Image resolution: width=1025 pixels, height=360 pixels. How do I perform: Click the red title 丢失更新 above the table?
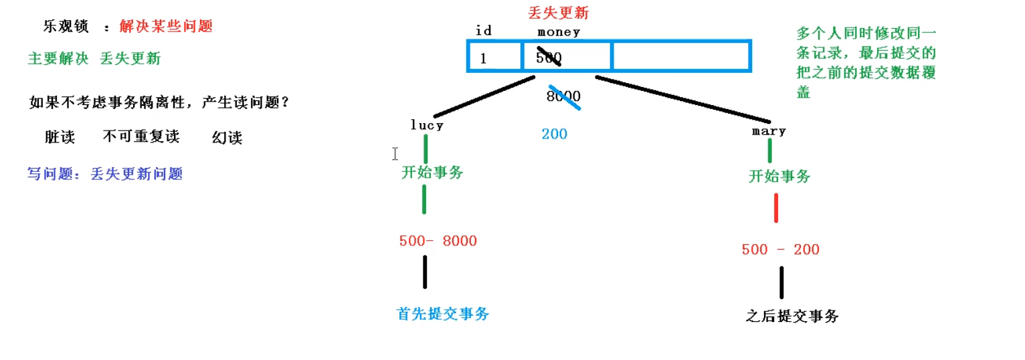click(x=559, y=13)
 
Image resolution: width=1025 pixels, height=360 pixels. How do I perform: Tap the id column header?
click(x=483, y=31)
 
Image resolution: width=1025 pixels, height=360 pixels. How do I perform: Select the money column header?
click(x=558, y=31)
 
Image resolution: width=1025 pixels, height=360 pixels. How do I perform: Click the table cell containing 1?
click(x=493, y=58)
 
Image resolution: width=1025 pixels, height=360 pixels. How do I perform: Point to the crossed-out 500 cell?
click(x=549, y=58)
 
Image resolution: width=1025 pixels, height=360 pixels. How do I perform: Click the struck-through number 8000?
click(x=563, y=96)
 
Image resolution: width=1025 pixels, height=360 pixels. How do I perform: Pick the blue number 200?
click(x=554, y=134)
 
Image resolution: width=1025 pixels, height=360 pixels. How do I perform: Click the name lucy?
click(x=427, y=125)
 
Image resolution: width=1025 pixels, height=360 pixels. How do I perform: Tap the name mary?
click(x=769, y=131)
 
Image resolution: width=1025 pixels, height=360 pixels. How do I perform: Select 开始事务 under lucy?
click(x=432, y=173)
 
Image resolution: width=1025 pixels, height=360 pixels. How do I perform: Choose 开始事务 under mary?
click(x=779, y=177)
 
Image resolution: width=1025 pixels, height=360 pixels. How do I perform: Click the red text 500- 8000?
click(x=438, y=241)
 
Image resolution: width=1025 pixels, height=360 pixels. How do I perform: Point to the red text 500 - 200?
click(x=780, y=250)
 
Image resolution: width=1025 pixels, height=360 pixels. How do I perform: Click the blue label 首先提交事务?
click(x=443, y=314)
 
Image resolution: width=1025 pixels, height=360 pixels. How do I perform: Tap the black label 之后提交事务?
click(x=791, y=317)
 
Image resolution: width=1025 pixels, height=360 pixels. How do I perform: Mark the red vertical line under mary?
click(x=776, y=207)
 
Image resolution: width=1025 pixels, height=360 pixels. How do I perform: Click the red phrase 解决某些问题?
click(x=166, y=27)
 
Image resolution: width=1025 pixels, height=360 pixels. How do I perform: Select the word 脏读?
click(x=60, y=137)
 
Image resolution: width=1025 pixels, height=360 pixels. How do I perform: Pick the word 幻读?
click(x=227, y=138)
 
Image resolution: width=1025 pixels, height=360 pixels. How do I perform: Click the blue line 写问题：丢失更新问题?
click(x=105, y=174)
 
